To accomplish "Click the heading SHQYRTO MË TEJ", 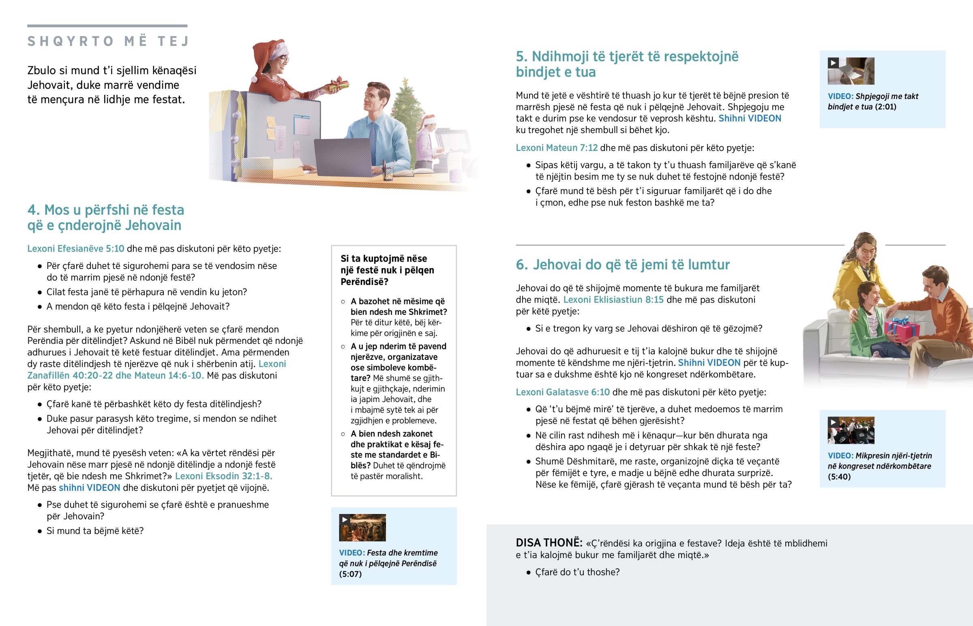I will point(108,41).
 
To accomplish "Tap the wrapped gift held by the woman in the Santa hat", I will point(338,85).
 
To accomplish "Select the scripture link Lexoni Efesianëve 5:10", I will point(76,249).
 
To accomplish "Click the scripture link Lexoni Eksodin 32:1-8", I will point(223,476).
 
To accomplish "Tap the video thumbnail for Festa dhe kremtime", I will point(362,528).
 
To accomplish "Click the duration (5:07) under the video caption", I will point(350,574).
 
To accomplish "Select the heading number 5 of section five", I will point(521,56).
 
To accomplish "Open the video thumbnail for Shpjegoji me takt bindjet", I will point(851,71).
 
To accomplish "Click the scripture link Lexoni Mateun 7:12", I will point(556,148).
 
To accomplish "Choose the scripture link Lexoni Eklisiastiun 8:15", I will point(613,300).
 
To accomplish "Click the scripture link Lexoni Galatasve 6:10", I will point(562,392).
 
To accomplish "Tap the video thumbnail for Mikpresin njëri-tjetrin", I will point(851,430).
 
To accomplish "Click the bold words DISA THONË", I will point(549,543).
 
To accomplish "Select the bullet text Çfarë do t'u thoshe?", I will point(577,572).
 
